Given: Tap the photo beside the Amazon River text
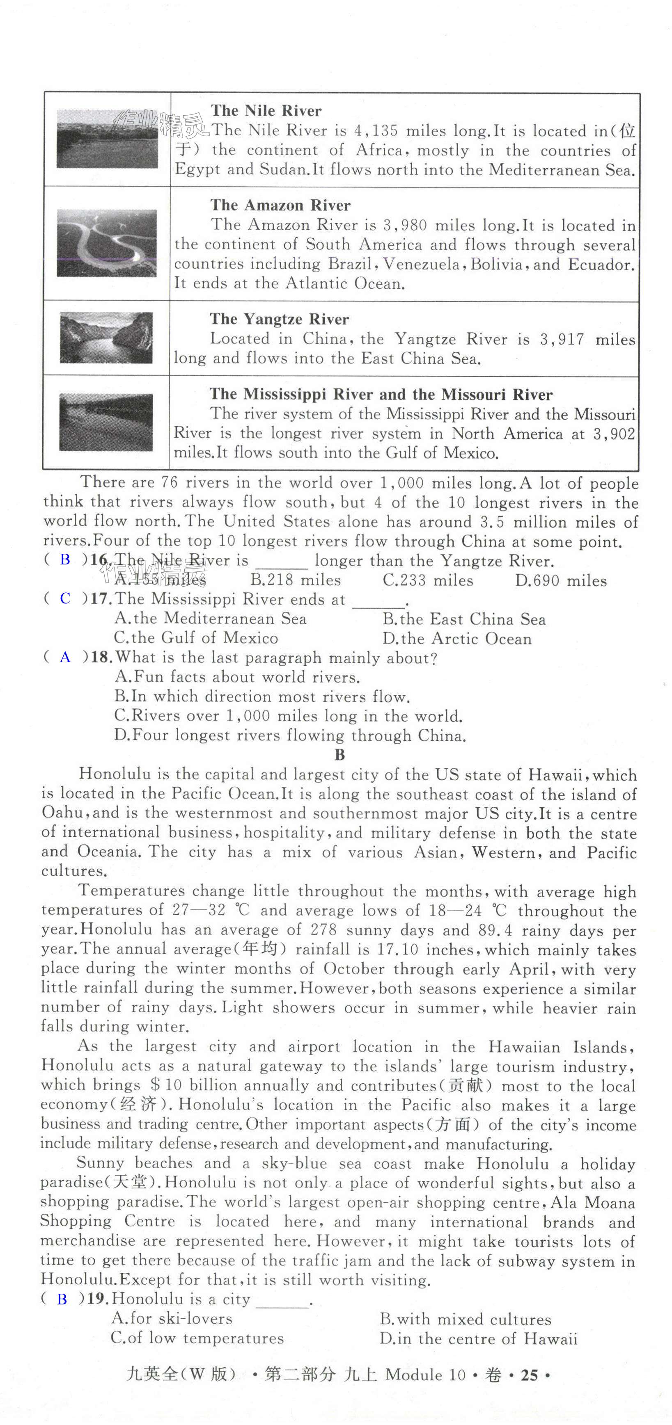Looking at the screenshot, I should point(106,243).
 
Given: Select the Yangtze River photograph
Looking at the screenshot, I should point(106,338).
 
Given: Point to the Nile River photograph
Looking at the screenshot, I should point(107,139).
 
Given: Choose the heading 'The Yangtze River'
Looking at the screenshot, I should point(279,319).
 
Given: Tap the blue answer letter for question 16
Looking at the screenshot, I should point(65,560).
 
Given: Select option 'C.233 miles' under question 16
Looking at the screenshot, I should point(428,580).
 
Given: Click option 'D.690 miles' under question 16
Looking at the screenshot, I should point(561,581).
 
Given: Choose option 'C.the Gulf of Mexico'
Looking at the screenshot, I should point(196,638).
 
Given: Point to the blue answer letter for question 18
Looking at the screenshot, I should point(65,657).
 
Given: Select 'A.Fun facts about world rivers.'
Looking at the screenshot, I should point(237,677).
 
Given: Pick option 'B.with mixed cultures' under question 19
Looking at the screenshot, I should point(466,1319).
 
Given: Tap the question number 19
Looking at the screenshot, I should point(99,1299).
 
